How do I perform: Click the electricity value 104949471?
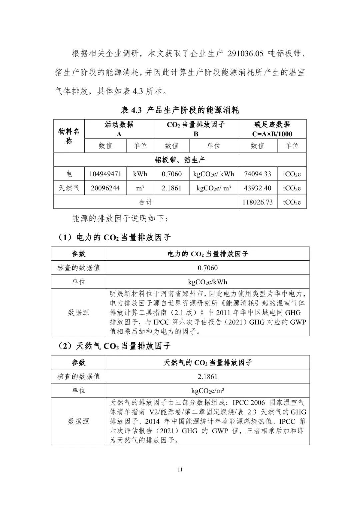pyautogui.click(x=105, y=174)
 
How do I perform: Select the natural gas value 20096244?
pyautogui.click(x=105, y=188)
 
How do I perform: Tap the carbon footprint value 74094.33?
pyautogui.click(x=257, y=174)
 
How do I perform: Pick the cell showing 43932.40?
pyautogui.click(x=257, y=188)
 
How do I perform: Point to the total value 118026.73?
pyautogui.click(x=257, y=202)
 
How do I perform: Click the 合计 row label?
pyautogui.click(x=146, y=202)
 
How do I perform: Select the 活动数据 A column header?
pyautogui.click(x=119, y=129)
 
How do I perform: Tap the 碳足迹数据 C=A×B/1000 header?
pyautogui.click(x=272, y=129)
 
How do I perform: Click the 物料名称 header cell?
pyautogui.click(x=69, y=136)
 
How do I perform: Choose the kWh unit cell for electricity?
pyautogui.click(x=140, y=174)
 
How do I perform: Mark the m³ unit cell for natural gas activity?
pyautogui.click(x=140, y=188)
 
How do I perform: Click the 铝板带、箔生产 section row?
pyautogui.click(x=180, y=160)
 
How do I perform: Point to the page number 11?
pyautogui.click(x=180, y=470)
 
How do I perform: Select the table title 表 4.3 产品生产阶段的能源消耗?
pyautogui.click(x=180, y=110)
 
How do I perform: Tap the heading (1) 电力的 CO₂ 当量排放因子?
pyautogui.click(x=114, y=237)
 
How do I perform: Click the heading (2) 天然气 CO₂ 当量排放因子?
pyautogui.click(x=114, y=346)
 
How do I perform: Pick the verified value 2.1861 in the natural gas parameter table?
pyautogui.click(x=207, y=377)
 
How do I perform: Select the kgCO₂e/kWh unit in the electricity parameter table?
pyautogui.click(x=207, y=282)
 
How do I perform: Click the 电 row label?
pyautogui.click(x=69, y=174)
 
